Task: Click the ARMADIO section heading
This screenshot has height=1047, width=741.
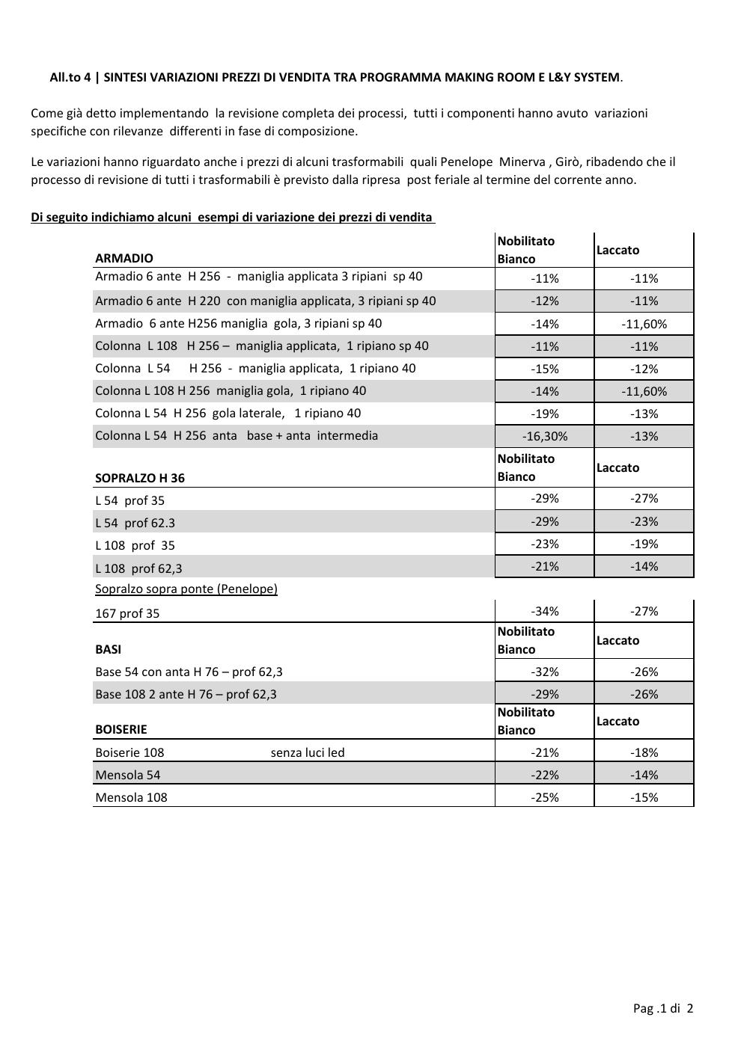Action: (x=124, y=258)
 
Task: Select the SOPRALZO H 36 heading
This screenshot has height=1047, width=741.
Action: (x=140, y=478)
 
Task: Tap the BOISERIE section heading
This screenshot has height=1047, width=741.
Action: (x=121, y=729)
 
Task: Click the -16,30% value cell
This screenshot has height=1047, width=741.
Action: (x=545, y=436)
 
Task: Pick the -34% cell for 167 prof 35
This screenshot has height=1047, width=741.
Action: (x=545, y=611)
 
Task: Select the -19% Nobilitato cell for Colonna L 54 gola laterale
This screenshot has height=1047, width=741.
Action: (x=545, y=414)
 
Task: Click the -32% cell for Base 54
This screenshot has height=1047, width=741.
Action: (x=545, y=672)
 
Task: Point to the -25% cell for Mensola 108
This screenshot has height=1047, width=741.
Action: (x=545, y=797)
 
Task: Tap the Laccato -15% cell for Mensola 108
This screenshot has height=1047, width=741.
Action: (x=644, y=797)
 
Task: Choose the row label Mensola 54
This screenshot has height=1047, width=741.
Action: (x=128, y=775)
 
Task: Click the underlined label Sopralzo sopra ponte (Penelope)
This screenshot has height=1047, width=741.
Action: (x=186, y=589)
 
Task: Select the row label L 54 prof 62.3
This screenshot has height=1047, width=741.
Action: (x=135, y=523)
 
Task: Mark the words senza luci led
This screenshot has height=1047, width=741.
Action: (x=308, y=752)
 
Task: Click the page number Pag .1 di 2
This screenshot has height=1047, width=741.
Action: (x=663, y=1008)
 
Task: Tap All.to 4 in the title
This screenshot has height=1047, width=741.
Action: (x=70, y=77)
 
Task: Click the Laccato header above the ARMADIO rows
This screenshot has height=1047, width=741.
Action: (x=618, y=250)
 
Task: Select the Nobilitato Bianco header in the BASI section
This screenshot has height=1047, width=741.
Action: (x=526, y=640)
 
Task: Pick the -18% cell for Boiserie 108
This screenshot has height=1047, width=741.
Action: (x=644, y=752)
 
